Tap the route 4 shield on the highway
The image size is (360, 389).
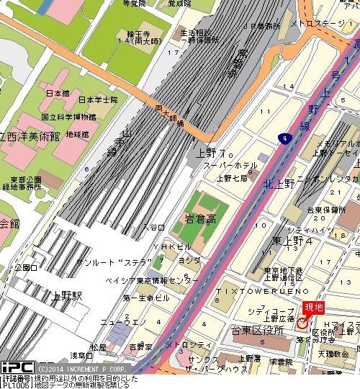tap(287, 137)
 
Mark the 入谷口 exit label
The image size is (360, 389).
tap(154, 226)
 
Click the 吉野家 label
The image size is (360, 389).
tap(140, 346)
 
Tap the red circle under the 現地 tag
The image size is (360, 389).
tap(301, 325)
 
